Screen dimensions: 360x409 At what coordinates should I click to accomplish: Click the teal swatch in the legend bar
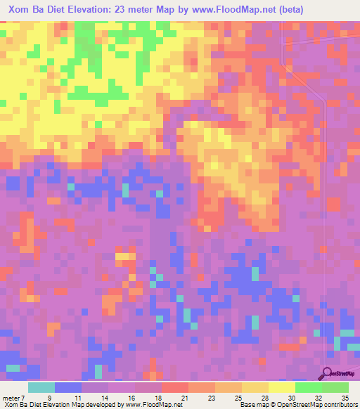(41, 387)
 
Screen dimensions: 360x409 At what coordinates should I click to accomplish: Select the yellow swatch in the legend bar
(281, 387)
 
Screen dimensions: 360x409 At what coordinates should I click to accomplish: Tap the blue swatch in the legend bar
(68, 387)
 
